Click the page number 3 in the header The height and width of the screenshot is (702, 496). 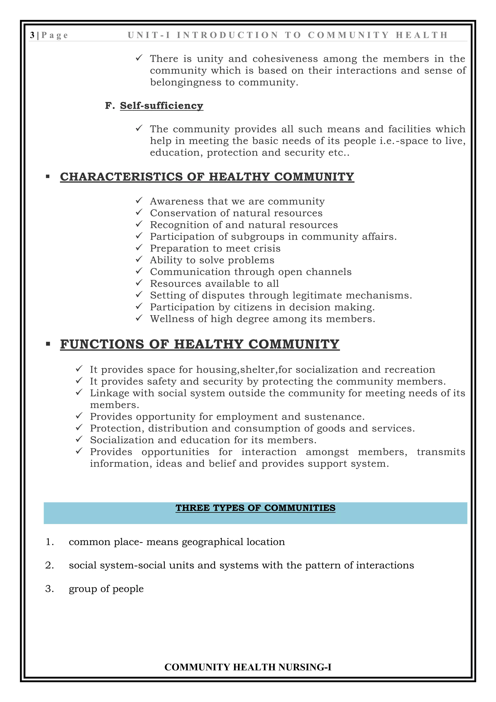tap(32, 35)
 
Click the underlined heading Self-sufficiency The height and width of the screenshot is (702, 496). tap(161, 105)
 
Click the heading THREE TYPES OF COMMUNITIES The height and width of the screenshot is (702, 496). tap(255, 508)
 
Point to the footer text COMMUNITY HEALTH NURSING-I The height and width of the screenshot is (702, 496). tap(248, 667)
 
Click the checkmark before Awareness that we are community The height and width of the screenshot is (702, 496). tap(139, 200)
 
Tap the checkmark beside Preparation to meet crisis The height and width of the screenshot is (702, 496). tap(139, 248)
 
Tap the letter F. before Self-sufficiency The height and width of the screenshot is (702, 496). tap(109, 105)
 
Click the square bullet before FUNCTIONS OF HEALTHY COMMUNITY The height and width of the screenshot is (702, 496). tap(48, 344)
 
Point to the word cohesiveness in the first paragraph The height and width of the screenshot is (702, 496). tap(285, 59)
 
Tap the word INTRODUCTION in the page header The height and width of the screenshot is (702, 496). tap(228, 35)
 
